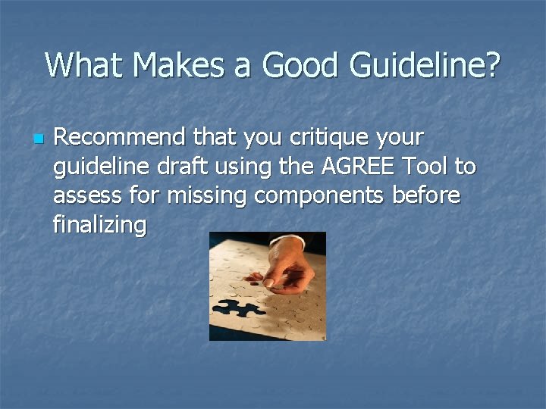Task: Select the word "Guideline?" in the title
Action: click(425, 65)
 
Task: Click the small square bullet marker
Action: click(37, 139)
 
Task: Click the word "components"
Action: click(320, 195)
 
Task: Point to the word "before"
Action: click(427, 195)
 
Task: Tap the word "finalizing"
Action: click(99, 224)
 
